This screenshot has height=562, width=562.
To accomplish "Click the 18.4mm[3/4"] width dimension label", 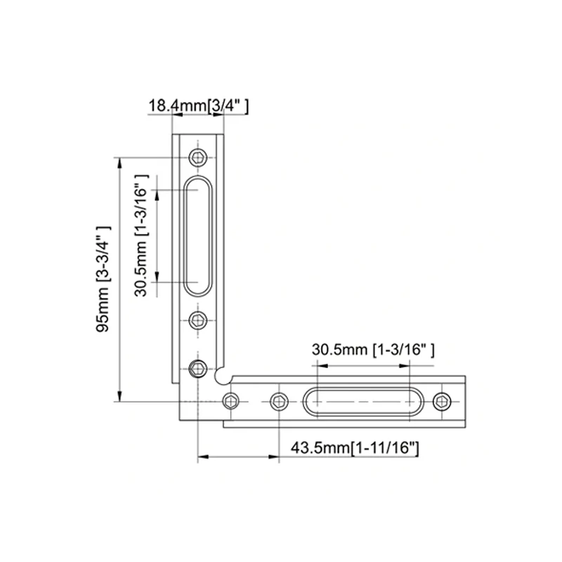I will pos(199,106).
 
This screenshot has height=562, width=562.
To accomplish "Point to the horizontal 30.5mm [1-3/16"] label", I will pos(373,348).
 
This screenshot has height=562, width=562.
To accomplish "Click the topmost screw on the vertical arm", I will pos(199,157).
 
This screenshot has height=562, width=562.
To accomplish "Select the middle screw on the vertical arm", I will pos(200,321).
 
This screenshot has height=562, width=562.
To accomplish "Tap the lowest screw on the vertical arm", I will pos(199,367).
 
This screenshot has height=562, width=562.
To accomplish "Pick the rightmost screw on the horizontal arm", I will pos(442,401).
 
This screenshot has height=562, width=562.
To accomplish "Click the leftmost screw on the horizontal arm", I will pos(230,401).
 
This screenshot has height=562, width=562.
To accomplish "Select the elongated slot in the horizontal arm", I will pos(362,401).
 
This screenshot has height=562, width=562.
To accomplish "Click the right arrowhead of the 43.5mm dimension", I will pos(274,457).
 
